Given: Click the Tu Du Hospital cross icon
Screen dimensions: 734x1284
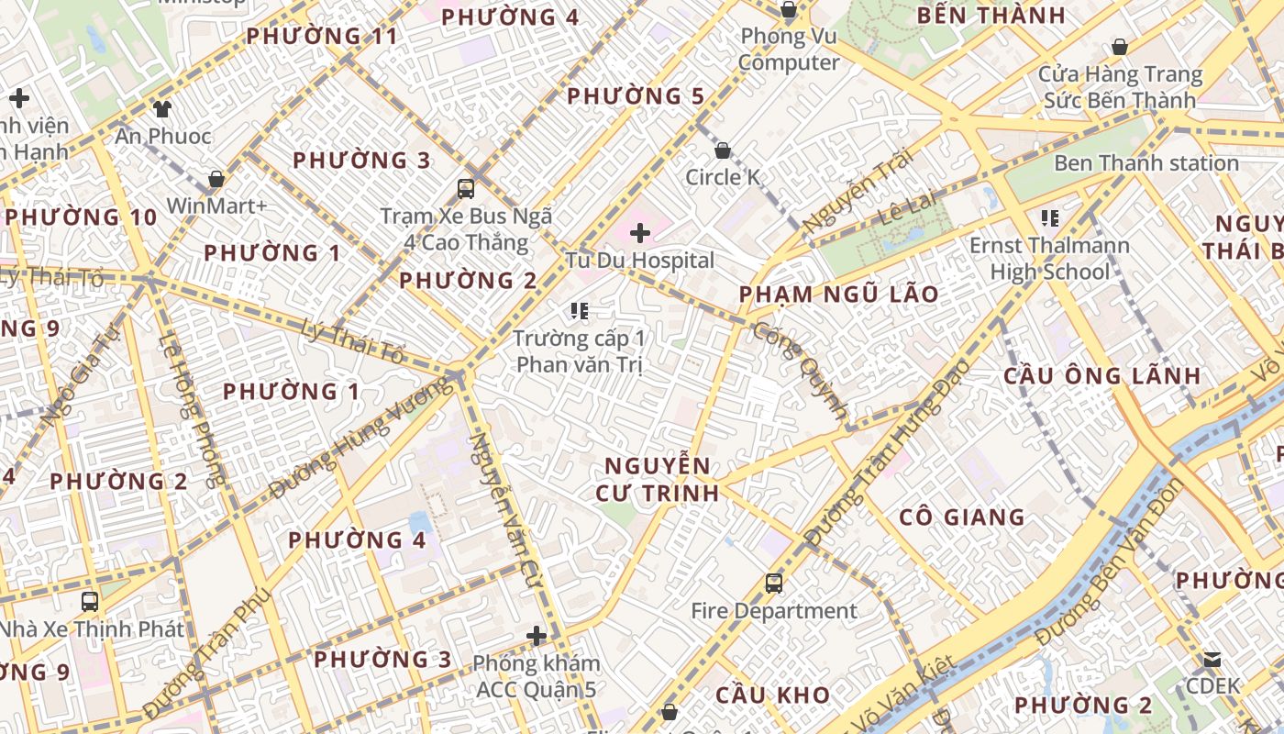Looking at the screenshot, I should [640, 233].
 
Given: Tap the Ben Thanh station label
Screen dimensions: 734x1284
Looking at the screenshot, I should [1146, 163].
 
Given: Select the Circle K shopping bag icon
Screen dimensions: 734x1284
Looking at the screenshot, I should [723, 150].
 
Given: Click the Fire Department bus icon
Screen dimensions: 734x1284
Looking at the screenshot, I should [773, 583].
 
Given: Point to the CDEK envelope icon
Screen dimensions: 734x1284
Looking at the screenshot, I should [1212, 660].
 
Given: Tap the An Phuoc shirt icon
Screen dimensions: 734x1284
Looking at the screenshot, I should [162, 109].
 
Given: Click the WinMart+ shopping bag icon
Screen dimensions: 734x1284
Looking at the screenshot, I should [216, 178].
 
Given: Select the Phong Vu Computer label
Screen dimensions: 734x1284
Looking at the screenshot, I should [789, 50].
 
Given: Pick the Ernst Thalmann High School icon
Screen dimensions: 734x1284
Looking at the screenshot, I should [1049, 218].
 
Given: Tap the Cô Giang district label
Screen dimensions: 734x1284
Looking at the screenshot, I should [961, 517].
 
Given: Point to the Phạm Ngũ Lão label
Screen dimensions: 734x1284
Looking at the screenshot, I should [839, 295].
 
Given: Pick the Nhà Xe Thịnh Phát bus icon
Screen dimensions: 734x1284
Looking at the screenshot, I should [90, 602].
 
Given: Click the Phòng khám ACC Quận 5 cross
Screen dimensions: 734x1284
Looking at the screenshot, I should [537, 635].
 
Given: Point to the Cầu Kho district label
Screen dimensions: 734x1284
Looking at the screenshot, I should [772, 695].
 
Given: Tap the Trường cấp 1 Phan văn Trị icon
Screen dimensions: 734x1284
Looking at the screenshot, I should [579, 311].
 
